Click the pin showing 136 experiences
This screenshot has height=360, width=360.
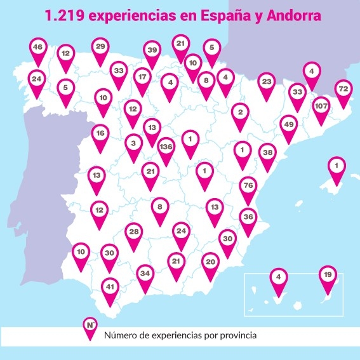tap(166, 147)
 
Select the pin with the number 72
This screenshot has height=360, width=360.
tap(343, 90)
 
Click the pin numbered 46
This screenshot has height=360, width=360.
tap(39, 48)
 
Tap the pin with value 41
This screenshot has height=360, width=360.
tap(110, 287)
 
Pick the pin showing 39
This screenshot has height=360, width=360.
tap(151, 51)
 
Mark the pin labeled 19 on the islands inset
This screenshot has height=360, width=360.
tap(326, 276)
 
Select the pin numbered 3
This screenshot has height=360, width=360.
tap(133, 143)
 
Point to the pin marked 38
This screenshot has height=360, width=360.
tap(268, 153)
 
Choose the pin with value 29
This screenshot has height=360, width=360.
tap(100, 47)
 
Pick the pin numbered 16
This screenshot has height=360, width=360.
tap(100, 134)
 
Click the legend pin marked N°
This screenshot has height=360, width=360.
tap(91, 326)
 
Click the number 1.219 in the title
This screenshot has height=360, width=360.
tap(65, 15)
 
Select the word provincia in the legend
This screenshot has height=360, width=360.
tap(237, 334)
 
